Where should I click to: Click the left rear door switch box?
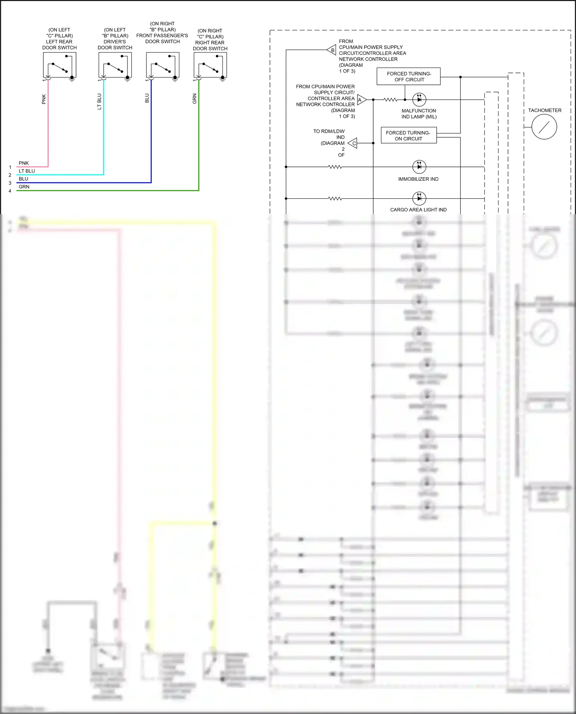tap(60, 65)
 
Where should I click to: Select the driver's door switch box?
tap(115, 65)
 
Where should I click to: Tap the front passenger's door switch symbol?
tap(162, 65)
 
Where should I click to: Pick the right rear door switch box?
tap(210, 65)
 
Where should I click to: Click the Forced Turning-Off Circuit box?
tap(408, 77)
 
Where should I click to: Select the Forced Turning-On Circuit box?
tap(408, 135)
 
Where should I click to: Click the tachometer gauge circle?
tap(544, 127)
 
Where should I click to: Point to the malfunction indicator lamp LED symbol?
tap(419, 99)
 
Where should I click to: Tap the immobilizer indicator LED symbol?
tap(419, 167)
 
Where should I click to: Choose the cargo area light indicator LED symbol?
tap(419, 198)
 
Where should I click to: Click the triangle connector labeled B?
tap(332, 50)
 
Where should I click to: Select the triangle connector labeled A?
tap(361, 100)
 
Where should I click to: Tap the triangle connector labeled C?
tap(353, 143)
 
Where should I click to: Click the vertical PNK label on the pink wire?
tap(44, 99)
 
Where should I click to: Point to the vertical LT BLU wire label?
tap(99, 101)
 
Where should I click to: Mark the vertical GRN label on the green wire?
tap(194, 99)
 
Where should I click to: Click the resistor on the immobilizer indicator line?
tap(335, 167)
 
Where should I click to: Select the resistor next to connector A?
tap(391, 100)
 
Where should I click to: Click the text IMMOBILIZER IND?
tap(418, 179)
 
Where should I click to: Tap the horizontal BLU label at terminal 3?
tap(23, 179)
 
